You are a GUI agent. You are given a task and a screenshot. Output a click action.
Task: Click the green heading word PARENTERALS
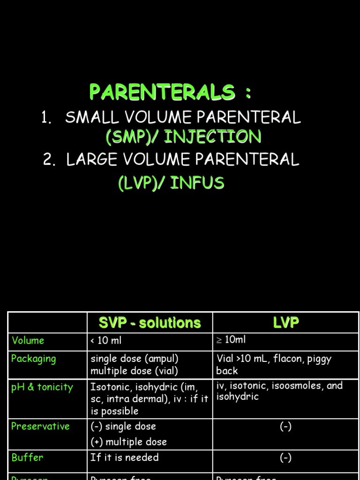tap(162, 92)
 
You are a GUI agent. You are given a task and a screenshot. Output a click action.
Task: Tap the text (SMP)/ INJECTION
tap(183, 137)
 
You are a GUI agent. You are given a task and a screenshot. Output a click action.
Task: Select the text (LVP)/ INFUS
tap(171, 183)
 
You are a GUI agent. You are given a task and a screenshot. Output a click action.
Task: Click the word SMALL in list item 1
tap(90, 117)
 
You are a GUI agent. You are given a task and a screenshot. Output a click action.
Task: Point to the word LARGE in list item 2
tap(91, 160)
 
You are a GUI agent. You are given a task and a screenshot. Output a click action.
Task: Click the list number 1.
tap(45, 118)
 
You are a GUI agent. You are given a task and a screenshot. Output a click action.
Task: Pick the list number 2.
tap(49, 160)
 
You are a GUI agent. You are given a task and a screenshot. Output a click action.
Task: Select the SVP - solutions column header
tap(150, 323)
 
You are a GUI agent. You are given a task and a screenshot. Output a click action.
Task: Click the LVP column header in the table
tap(286, 322)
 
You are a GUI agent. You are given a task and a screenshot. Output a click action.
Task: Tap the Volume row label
tap(28, 341)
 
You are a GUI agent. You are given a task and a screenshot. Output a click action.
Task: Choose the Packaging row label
tap(33, 359)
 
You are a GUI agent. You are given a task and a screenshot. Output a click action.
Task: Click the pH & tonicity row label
tap(42, 387)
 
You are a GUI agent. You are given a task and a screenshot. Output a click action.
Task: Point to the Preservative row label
tap(40, 426)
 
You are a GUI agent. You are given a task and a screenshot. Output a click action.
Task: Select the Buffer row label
tap(27, 457)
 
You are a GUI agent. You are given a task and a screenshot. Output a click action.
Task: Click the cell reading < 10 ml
tap(106, 341)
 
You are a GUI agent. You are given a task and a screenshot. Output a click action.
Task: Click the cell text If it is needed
tap(125, 457)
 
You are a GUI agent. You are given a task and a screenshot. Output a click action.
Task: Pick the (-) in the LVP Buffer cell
tap(285, 458)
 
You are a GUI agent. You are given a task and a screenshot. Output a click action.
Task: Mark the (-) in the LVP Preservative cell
tap(285, 427)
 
